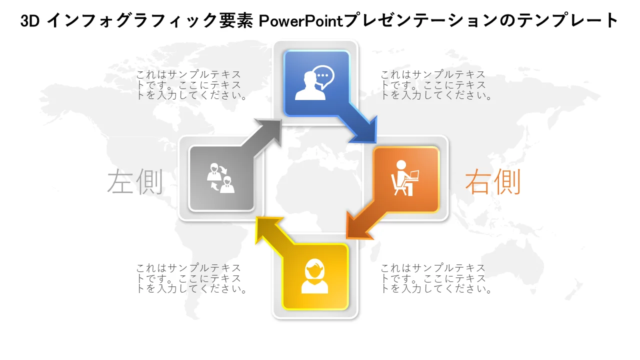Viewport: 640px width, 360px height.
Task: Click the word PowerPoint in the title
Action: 300,20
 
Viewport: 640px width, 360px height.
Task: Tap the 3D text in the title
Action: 29,21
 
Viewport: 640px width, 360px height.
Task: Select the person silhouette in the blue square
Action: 310,85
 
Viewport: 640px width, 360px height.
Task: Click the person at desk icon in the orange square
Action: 404,178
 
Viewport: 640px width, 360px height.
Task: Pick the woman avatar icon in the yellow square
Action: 314,276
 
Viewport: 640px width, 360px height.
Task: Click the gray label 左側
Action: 135,181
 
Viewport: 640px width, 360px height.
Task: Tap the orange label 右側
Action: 493,181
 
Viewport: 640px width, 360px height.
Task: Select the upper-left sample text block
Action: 191,85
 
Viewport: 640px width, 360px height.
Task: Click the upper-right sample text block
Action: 435,85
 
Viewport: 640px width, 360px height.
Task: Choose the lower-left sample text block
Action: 191,278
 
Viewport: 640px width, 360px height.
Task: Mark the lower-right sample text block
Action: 435,278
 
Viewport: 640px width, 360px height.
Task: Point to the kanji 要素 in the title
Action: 236,21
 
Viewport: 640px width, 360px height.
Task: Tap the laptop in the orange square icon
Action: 412,175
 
